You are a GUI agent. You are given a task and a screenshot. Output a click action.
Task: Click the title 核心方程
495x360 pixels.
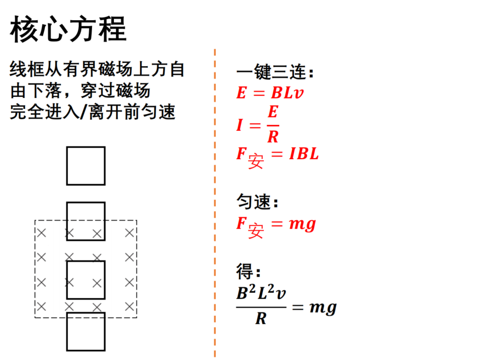pyautogui.click(x=68, y=29)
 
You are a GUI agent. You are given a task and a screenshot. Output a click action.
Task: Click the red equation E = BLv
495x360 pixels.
pyautogui.click(x=270, y=93)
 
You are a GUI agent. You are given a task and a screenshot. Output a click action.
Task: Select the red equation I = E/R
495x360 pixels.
pyautogui.click(x=258, y=124)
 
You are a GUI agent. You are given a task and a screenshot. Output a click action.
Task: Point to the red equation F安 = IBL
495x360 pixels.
pyautogui.click(x=278, y=157)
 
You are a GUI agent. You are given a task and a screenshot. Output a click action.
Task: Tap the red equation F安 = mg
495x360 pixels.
pyautogui.click(x=276, y=227)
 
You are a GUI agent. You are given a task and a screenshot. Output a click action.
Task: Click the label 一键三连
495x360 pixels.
pyautogui.click(x=275, y=72)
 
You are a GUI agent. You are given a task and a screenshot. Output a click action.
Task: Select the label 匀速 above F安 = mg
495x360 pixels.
pyautogui.click(x=257, y=201)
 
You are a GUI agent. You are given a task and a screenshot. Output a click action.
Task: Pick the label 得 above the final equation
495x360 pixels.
pyautogui.click(x=249, y=271)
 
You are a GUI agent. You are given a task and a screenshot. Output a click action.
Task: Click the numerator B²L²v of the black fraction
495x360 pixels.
pyautogui.click(x=261, y=292)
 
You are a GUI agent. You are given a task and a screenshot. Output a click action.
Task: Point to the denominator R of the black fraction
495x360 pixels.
pyautogui.click(x=261, y=318)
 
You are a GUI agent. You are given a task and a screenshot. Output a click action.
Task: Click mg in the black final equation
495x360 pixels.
pyautogui.click(x=323, y=307)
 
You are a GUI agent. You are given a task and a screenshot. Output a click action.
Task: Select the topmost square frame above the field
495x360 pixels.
pyautogui.click(x=86, y=147)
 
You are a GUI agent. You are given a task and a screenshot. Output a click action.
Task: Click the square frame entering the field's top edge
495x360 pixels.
pyautogui.click(x=86, y=202)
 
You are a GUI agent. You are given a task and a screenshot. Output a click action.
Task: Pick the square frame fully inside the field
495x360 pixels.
pyautogui.click(x=86, y=261)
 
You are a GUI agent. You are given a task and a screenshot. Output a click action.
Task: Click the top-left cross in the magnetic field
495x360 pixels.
pyautogui.click(x=42, y=233)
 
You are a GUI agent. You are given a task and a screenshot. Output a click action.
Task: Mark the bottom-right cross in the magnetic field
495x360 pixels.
pyautogui.click(x=129, y=306)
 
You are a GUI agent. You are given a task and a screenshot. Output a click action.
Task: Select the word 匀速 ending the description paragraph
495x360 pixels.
pyautogui.click(x=158, y=112)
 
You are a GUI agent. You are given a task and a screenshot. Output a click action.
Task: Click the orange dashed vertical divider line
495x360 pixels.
pyautogui.click(x=215, y=203)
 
